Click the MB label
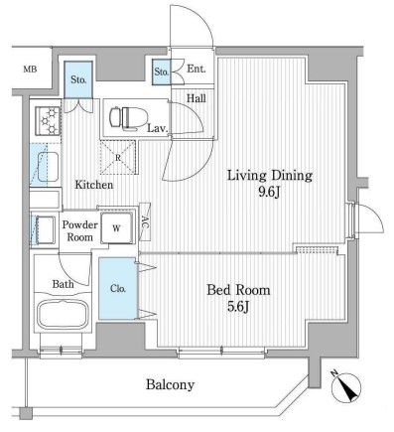[x=30, y=70]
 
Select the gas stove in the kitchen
[x=48, y=120]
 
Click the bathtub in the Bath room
[x=64, y=314]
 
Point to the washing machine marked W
[x=117, y=228]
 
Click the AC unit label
[x=145, y=221]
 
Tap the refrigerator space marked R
[x=118, y=157]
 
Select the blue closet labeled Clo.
[x=118, y=288]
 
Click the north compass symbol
[x=346, y=386]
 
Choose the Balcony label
[x=170, y=384]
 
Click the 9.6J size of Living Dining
[x=269, y=192]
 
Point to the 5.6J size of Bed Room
[x=238, y=307]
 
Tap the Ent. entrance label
[x=197, y=69]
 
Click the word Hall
[x=197, y=98]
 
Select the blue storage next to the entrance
[x=162, y=72]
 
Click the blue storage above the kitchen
[x=78, y=79]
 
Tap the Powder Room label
[x=79, y=231]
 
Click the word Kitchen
[x=94, y=185]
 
